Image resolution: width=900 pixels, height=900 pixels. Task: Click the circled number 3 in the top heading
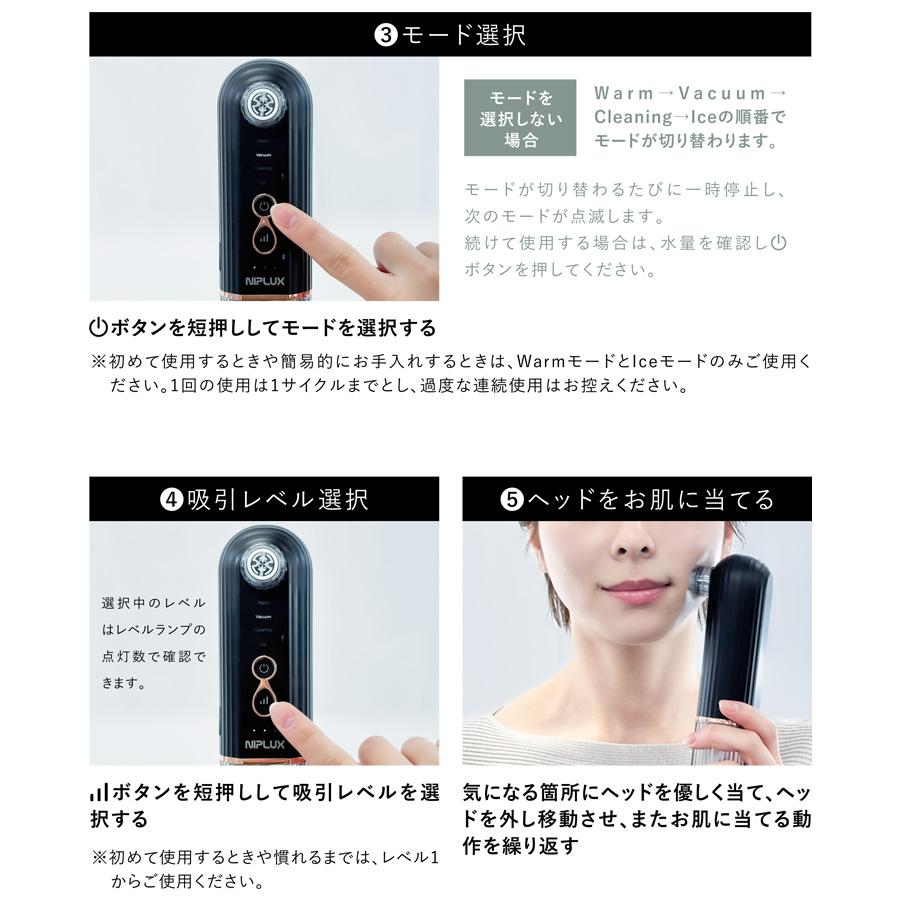[386, 35]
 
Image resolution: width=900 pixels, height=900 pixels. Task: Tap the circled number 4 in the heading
[173, 499]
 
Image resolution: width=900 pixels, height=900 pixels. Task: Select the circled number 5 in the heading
[512, 499]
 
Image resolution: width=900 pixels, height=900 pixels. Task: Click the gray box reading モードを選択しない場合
[520, 118]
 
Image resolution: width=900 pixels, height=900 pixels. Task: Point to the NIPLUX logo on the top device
[263, 284]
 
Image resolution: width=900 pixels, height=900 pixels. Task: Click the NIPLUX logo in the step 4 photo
[263, 745]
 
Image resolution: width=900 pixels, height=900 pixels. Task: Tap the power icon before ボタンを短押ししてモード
[98, 328]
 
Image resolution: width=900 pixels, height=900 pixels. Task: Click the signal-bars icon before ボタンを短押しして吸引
[98, 792]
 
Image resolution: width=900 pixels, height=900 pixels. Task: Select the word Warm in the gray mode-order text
[622, 93]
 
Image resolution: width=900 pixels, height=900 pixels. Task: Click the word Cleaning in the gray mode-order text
[627, 117]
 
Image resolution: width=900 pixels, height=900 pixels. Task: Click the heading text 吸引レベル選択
[278, 499]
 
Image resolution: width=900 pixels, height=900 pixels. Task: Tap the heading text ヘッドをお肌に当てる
[650, 499]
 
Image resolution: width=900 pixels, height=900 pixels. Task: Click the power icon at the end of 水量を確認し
[780, 242]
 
